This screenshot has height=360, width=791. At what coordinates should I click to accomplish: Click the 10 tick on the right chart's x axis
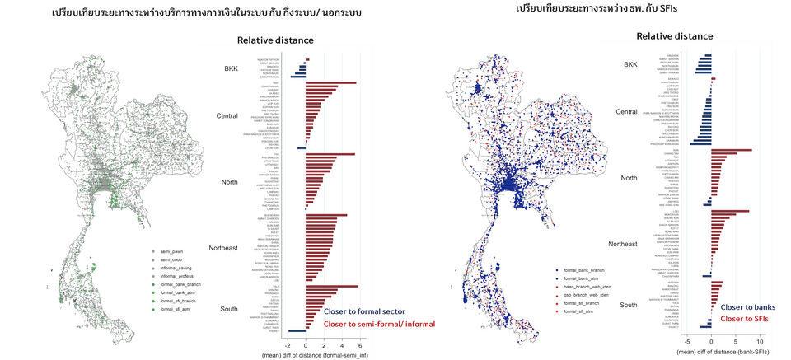(x=761, y=339)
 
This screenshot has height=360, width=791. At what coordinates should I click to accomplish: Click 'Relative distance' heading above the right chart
(x=675, y=36)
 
